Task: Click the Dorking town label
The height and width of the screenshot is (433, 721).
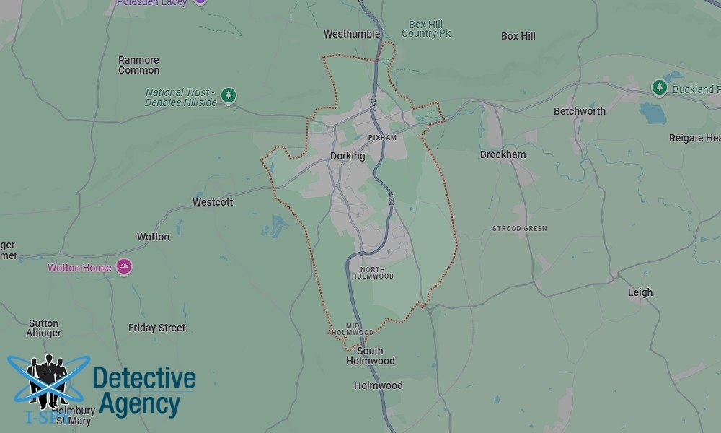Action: [348, 156]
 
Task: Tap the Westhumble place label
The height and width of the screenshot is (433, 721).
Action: [352, 34]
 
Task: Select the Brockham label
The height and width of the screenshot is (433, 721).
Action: [503, 154]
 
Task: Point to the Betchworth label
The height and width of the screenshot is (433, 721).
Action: [580, 111]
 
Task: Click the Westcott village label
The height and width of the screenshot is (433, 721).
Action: [213, 202]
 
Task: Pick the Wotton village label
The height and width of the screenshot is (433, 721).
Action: [153, 237]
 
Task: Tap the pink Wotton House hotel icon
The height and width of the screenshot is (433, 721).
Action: [124, 267]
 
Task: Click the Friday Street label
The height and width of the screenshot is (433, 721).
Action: [156, 328]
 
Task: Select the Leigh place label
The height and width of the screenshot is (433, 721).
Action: [640, 292]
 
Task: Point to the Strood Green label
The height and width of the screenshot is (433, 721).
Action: [519, 229]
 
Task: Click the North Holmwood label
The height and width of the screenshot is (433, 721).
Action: [373, 273]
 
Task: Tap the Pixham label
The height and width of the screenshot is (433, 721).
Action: [382, 137]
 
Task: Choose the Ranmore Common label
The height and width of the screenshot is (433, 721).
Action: [138, 65]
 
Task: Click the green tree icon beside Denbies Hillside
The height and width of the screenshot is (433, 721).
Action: [229, 95]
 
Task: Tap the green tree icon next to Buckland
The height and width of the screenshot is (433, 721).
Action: [659, 87]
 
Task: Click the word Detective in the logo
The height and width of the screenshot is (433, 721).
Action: [144, 378]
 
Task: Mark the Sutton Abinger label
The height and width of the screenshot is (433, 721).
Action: [43, 328]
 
